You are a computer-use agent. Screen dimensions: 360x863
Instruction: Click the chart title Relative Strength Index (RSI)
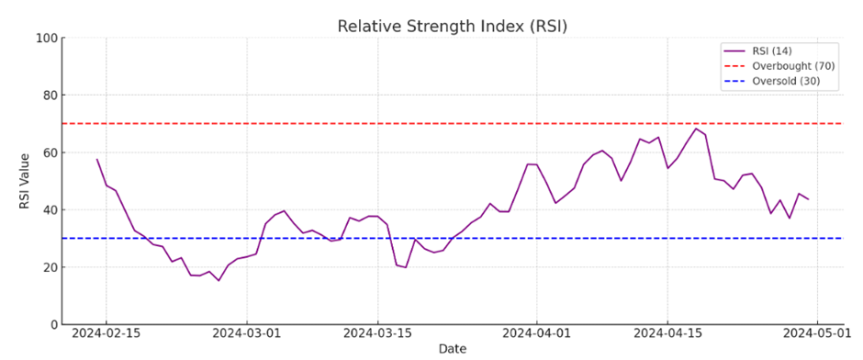(452, 26)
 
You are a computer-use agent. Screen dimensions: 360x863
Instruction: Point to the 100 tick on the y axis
(46, 39)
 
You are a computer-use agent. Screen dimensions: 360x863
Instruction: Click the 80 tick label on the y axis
(50, 96)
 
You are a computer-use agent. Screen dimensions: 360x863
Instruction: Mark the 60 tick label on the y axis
(50, 152)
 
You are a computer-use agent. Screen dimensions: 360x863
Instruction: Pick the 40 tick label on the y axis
(50, 210)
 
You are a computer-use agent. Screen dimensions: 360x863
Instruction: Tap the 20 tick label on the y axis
(50, 267)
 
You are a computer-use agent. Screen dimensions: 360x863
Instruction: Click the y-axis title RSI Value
(25, 181)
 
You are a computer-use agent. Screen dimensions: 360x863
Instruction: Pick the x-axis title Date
(452, 350)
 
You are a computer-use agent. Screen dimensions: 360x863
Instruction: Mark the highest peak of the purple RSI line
(695, 129)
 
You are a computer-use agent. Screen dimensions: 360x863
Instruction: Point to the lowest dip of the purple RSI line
(219, 280)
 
